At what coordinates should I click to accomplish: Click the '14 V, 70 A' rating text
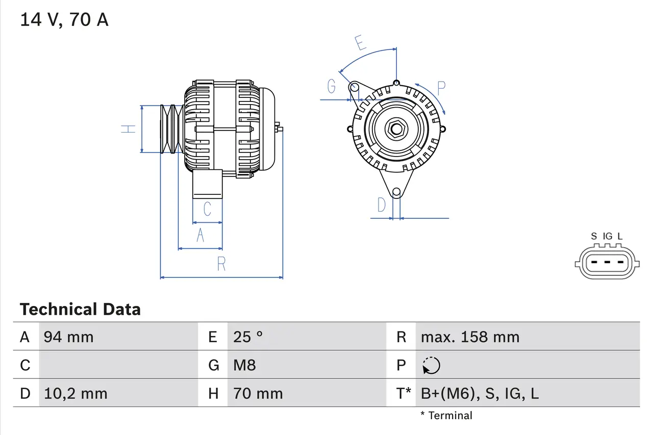coord(64,20)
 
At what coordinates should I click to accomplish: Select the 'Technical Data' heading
coord(80,310)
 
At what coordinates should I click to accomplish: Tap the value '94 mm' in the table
coord(68,337)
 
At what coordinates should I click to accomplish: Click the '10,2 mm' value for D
coord(76,393)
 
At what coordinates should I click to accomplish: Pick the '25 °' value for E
coord(248,337)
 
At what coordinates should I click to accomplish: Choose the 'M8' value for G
coord(244,365)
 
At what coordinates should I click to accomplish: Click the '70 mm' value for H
coord(258,393)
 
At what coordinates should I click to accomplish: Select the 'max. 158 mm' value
coord(470,337)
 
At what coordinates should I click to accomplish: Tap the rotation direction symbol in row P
coord(431,365)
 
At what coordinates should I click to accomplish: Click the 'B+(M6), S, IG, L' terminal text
coord(480,393)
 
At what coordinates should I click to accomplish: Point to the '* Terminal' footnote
coord(446,416)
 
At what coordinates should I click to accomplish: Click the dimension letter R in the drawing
coord(221,264)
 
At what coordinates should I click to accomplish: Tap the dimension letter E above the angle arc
coord(361,43)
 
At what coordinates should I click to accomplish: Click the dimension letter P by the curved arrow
coord(441,88)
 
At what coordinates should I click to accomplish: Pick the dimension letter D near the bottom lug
coord(382,205)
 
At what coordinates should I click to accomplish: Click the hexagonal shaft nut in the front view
coord(396,129)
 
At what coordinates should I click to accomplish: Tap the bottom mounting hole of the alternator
coord(396,192)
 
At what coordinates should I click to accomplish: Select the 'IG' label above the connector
coord(607,236)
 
